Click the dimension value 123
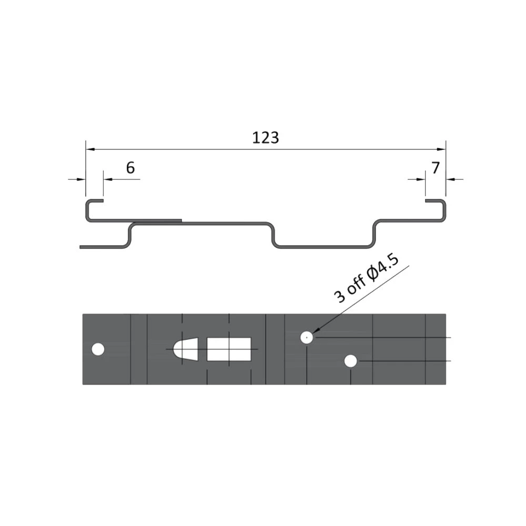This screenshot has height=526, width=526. tap(265, 138)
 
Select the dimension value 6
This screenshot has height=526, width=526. tap(130, 168)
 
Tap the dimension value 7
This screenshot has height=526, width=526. tap(435, 168)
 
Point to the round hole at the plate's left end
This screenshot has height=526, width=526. tap(98, 349)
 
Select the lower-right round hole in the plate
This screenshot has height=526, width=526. tap(350, 361)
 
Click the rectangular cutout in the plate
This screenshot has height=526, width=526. tap(229, 349)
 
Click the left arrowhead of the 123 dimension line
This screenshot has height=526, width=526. tap(90, 149)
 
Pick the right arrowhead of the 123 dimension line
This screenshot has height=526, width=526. tap(441, 149)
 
